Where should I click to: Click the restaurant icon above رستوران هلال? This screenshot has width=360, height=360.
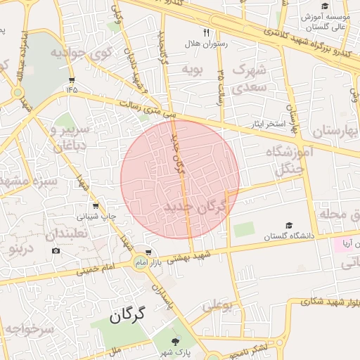tap(206, 32)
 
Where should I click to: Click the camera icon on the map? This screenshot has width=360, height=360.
tap(56, 251)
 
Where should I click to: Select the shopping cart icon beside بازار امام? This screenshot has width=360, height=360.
tap(148, 251)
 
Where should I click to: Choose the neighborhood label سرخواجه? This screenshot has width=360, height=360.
tap(28, 328)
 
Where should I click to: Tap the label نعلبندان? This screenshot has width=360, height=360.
tap(67, 234)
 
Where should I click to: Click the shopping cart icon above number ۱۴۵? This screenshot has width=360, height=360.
tap(72, 80)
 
